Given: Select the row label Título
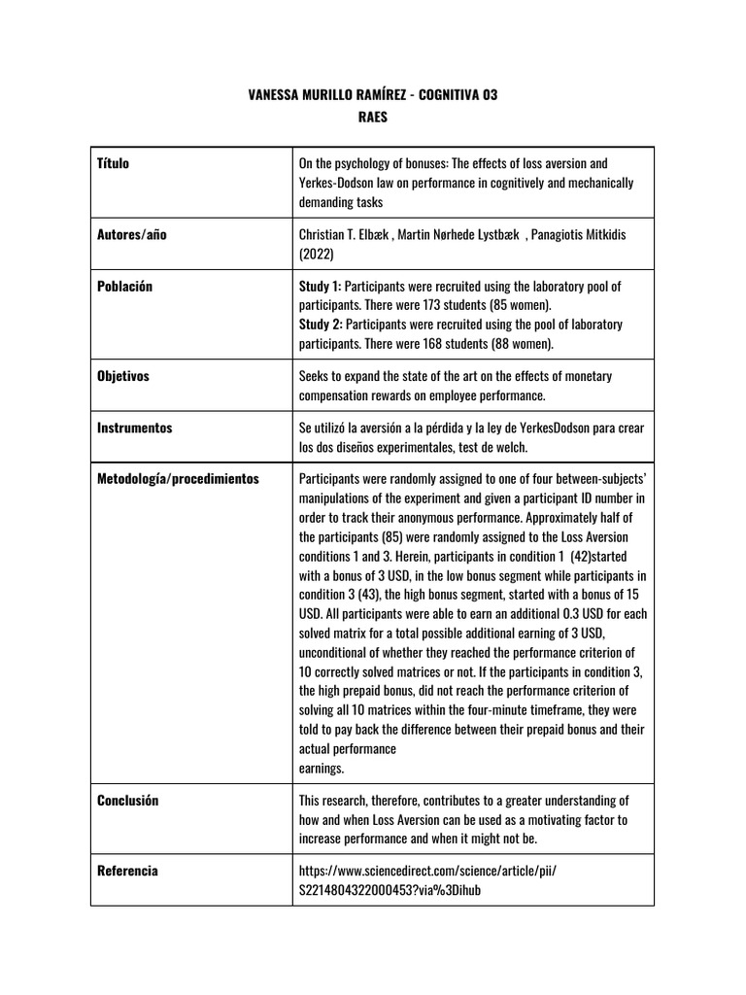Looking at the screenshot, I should [x=114, y=163].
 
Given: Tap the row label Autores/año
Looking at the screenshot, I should [x=132, y=234].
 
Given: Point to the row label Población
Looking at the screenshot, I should [x=125, y=286].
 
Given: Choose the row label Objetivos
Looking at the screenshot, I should [x=123, y=376].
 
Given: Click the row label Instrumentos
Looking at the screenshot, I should [x=135, y=427].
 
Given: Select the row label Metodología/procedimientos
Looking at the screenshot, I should [x=179, y=479].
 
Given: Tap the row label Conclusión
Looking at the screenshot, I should [x=128, y=801].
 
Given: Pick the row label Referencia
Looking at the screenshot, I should [x=127, y=871].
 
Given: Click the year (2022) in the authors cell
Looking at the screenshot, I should [x=317, y=254].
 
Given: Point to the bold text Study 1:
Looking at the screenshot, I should [x=321, y=286].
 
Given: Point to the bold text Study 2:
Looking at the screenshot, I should [x=321, y=324].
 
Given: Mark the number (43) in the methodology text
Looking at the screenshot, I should [x=379, y=595].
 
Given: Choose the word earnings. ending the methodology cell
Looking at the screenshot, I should [x=322, y=768].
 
